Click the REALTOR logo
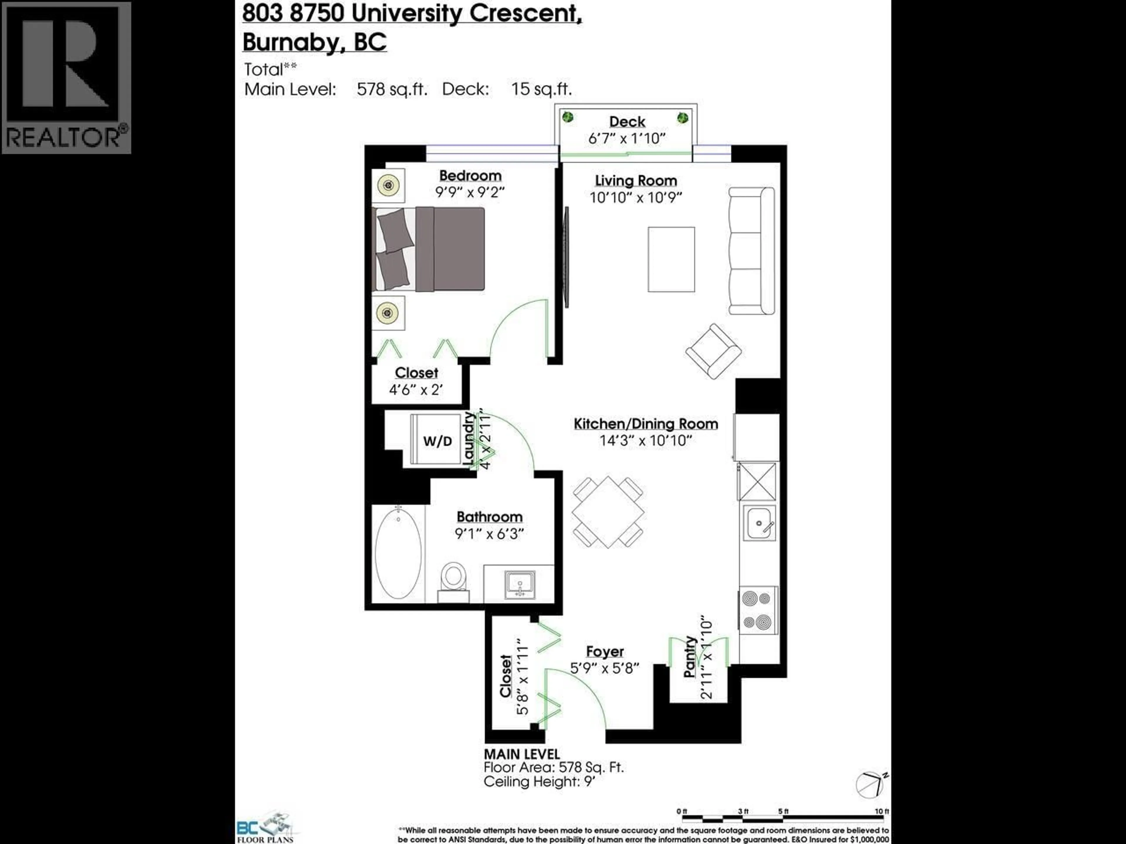66,77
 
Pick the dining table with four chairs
608,512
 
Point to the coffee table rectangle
671,259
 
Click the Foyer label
604,652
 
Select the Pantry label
690,657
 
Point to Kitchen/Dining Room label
645,424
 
